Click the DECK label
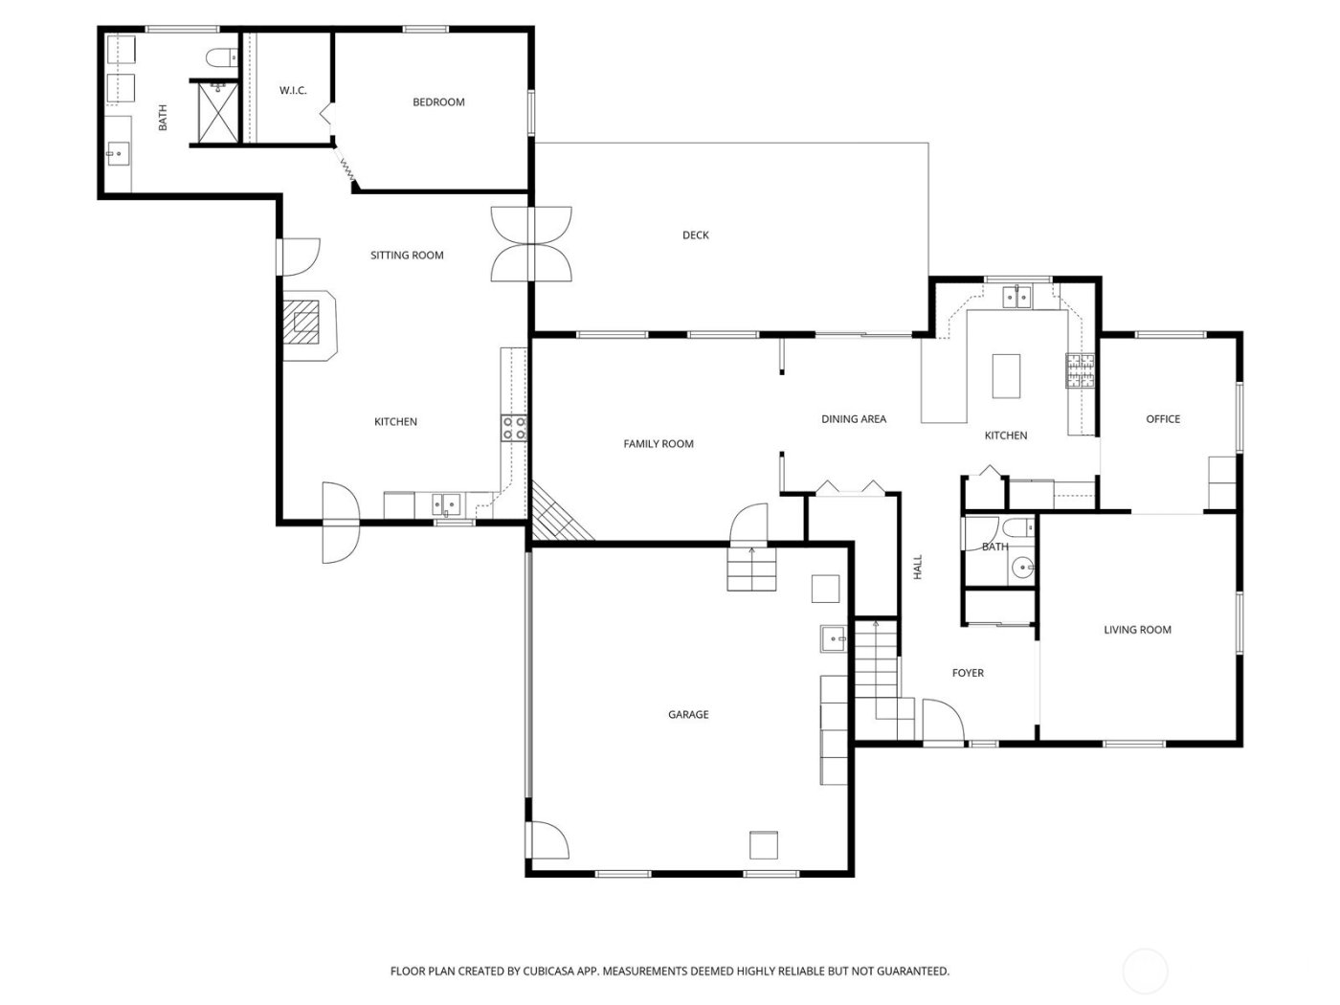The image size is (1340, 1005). (x=696, y=235)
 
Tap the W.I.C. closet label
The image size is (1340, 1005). (x=293, y=91)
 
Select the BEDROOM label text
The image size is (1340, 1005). (x=438, y=102)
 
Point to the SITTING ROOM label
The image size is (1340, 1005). (x=407, y=256)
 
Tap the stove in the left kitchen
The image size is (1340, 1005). (x=514, y=428)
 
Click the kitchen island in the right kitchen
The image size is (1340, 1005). (x=1006, y=376)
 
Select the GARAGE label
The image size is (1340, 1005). (x=688, y=715)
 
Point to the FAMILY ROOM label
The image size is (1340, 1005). (x=659, y=444)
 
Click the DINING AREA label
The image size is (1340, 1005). (x=854, y=419)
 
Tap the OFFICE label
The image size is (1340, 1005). (x=1163, y=419)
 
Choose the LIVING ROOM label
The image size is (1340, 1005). (x=1137, y=630)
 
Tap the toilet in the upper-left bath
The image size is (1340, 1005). (x=220, y=58)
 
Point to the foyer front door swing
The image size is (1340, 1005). (x=941, y=720)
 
